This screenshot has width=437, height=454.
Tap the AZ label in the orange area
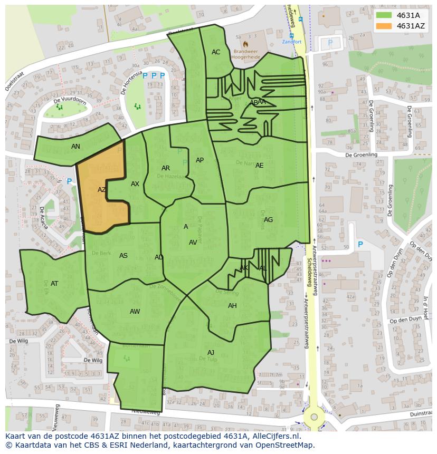(102, 190)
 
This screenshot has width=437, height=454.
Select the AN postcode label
(75, 147)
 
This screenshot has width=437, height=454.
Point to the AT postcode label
(54, 284)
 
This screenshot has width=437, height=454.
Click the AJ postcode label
(211, 353)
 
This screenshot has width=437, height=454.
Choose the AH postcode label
(232, 306)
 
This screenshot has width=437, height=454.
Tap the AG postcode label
(268, 220)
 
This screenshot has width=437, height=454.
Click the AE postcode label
(259, 166)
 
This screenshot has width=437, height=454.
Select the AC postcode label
(216, 52)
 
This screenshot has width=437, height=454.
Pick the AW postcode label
(135, 312)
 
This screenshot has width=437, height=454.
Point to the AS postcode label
(123, 256)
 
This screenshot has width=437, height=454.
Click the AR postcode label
(166, 168)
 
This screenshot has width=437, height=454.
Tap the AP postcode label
(199, 160)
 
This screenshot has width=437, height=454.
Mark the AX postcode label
(135, 184)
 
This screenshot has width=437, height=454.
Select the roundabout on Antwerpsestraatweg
(314, 417)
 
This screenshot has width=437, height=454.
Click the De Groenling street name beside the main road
(361, 155)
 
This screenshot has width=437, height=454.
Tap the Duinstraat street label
(417, 415)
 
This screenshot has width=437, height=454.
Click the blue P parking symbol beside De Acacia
(69, 182)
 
